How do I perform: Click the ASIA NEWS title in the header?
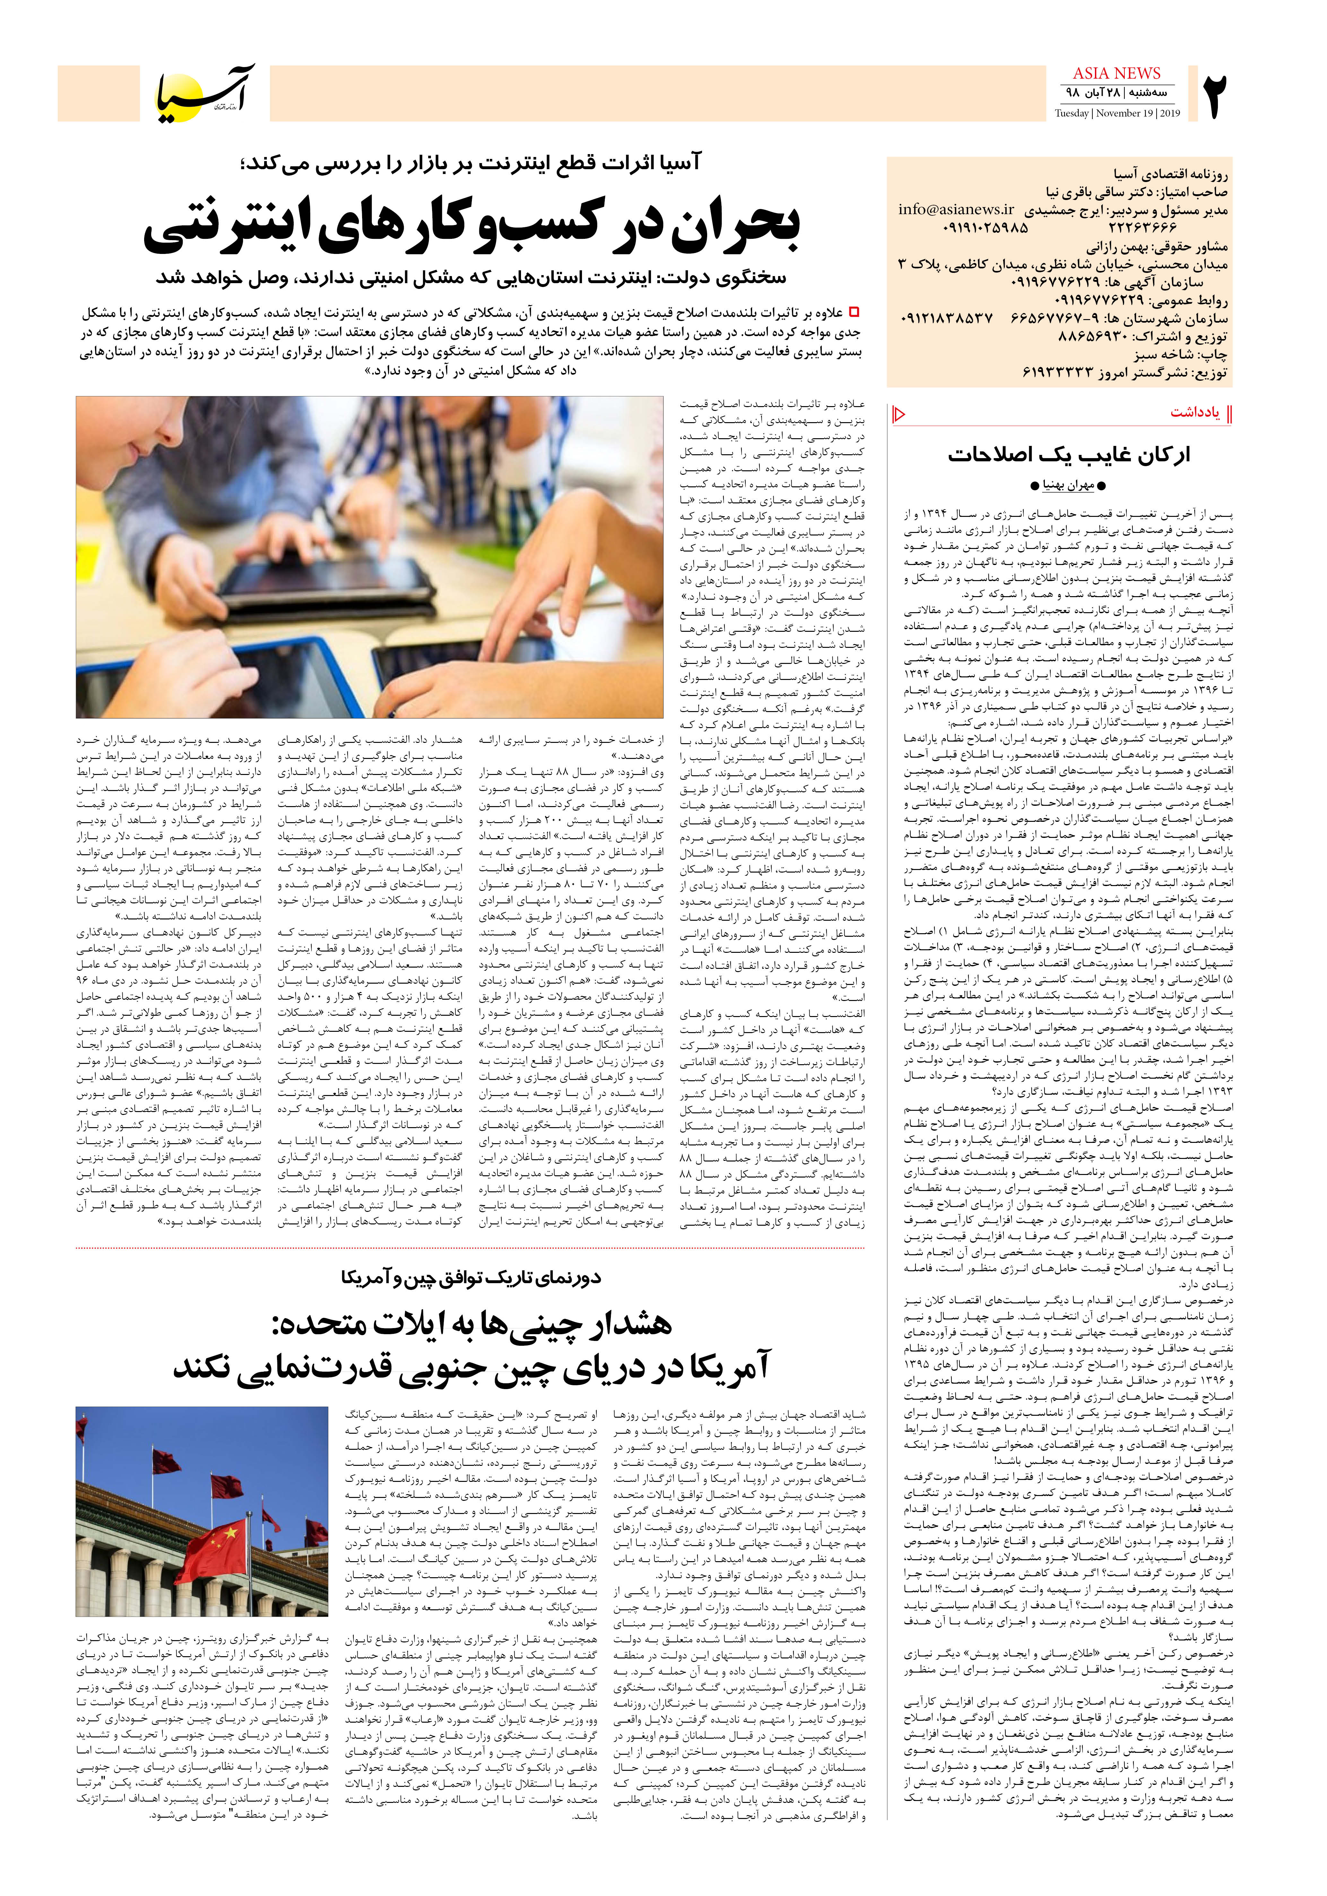pos(1116,74)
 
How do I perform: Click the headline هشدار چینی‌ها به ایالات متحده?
pos(472,1325)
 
